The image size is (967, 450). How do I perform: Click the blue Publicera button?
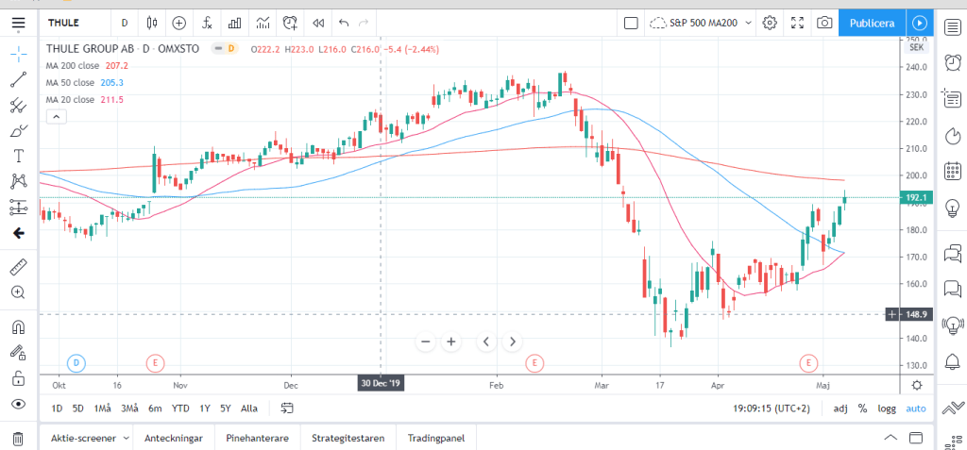tap(872, 23)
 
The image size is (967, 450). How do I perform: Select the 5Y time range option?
tap(225, 408)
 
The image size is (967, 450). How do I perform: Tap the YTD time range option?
tap(179, 408)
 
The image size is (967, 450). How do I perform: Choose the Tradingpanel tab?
tap(438, 438)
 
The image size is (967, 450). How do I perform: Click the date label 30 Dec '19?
tap(381, 384)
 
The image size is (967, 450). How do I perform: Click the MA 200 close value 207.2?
tap(117, 66)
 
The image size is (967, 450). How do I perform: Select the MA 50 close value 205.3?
tap(111, 83)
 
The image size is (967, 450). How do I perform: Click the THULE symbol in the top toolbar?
tap(62, 23)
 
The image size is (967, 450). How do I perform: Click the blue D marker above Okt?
tap(77, 362)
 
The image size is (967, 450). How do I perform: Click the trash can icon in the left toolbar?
tap(18, 438)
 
